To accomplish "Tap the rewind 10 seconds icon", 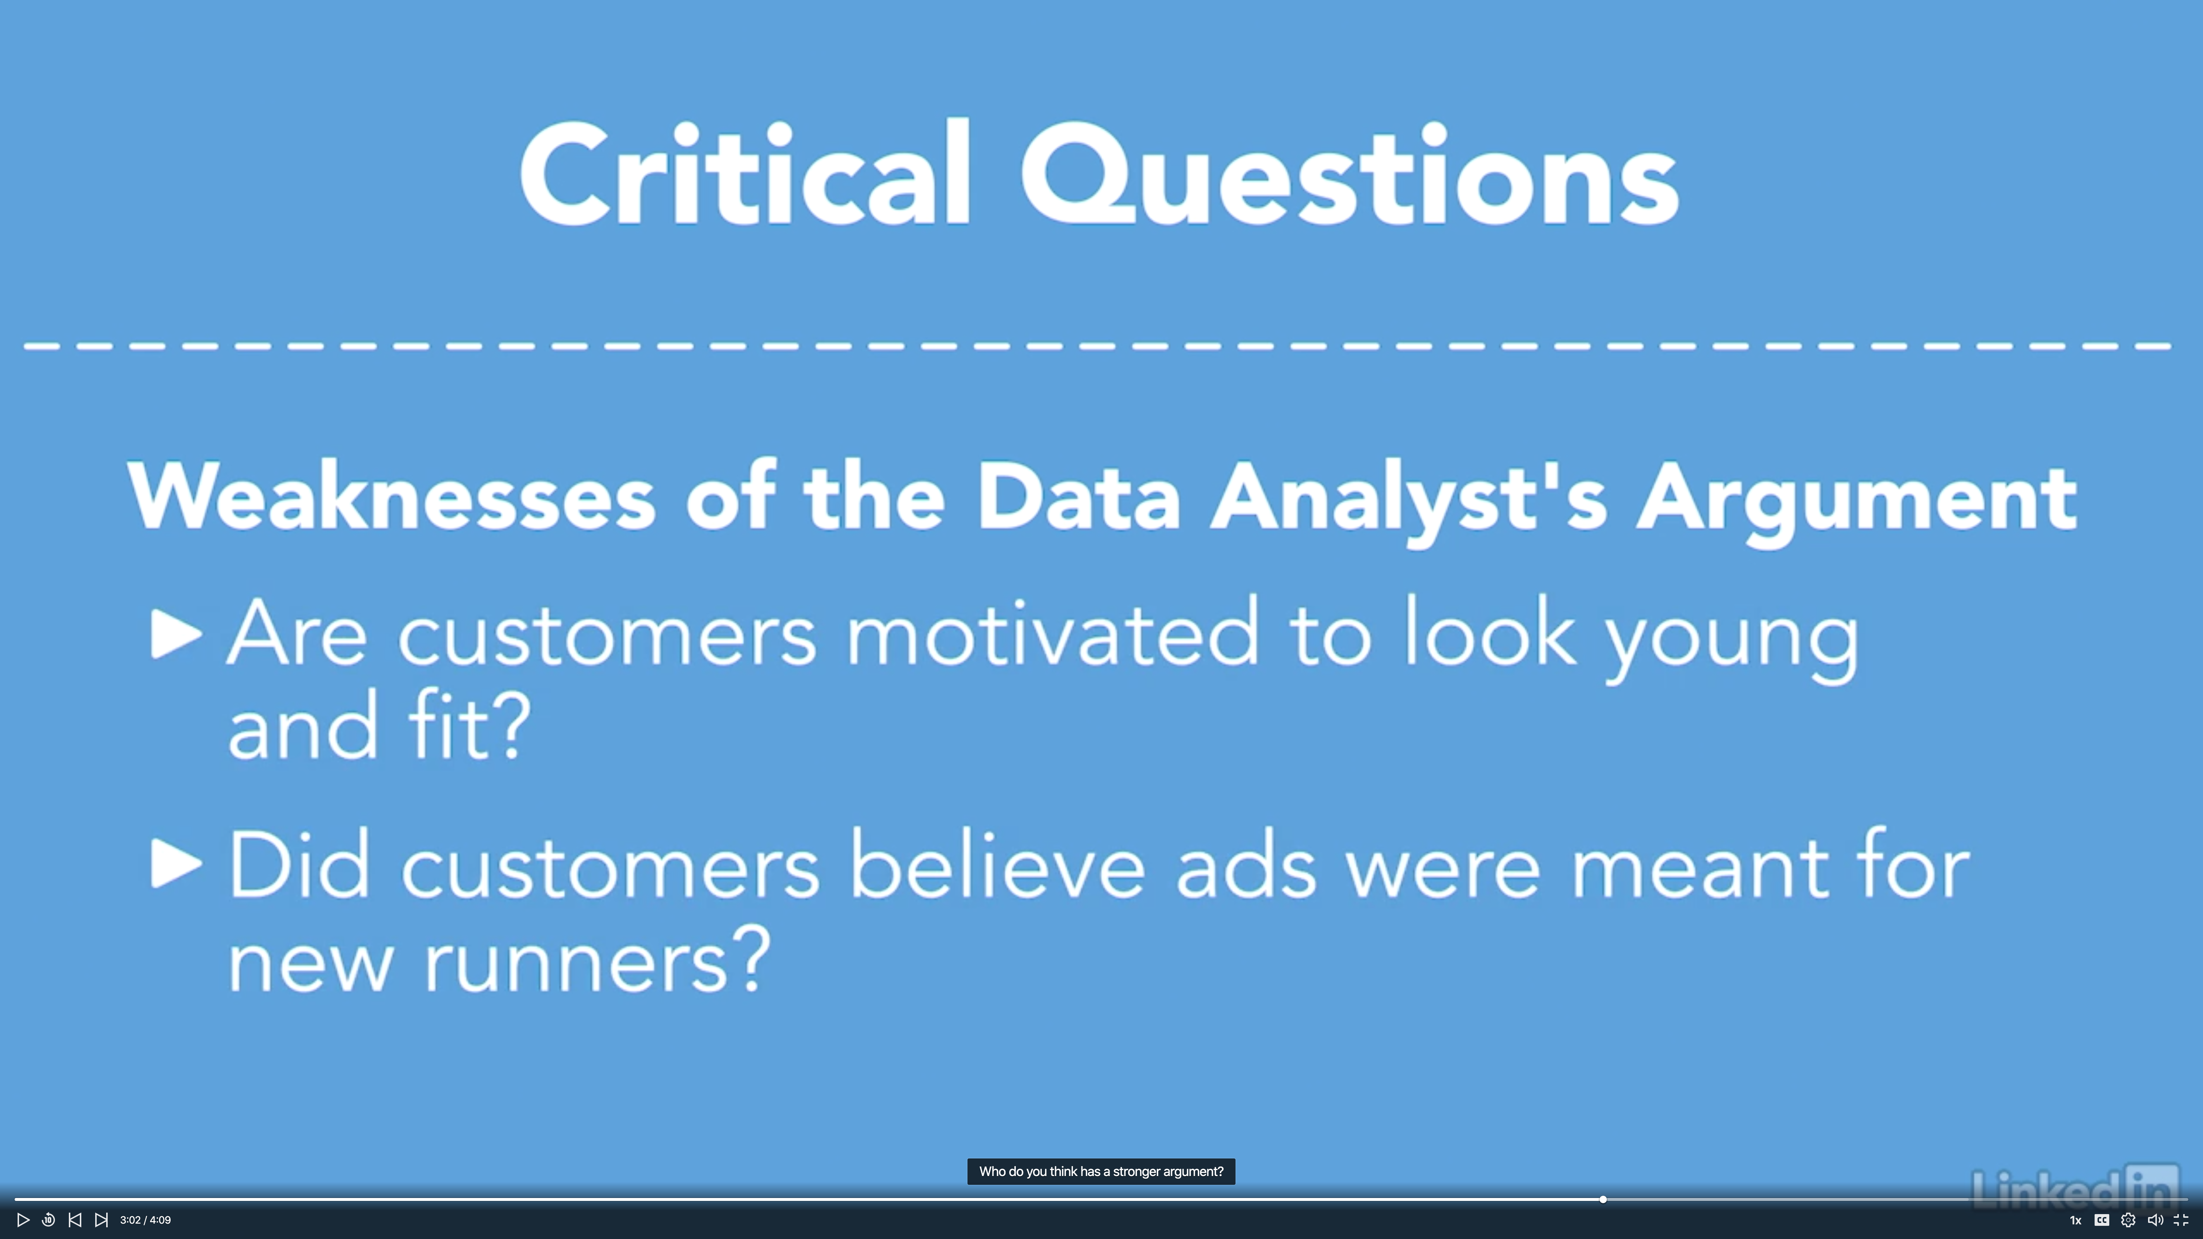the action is coord(49,1220).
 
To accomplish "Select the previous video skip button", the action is coord(75,1220).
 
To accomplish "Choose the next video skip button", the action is coord(101,1220).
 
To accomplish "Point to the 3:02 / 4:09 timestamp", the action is coord(145,1220).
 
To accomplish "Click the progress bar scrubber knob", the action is coord(1603,1200).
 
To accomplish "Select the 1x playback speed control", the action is coord(2075,1220).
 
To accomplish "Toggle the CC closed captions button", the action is coord(2101,1220).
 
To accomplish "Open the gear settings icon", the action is coord(2128,1220).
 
